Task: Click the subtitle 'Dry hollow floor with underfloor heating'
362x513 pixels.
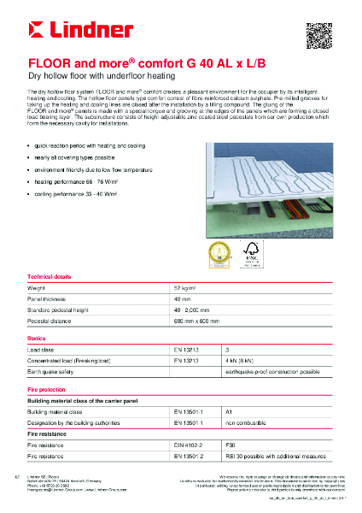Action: pos(87,77)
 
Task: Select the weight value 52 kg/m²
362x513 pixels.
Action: pos(184,288)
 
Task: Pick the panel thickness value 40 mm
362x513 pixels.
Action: pos(182,300)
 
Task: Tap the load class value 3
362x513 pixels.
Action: pos(226,350)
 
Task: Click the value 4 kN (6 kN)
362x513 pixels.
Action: pos(237,361)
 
